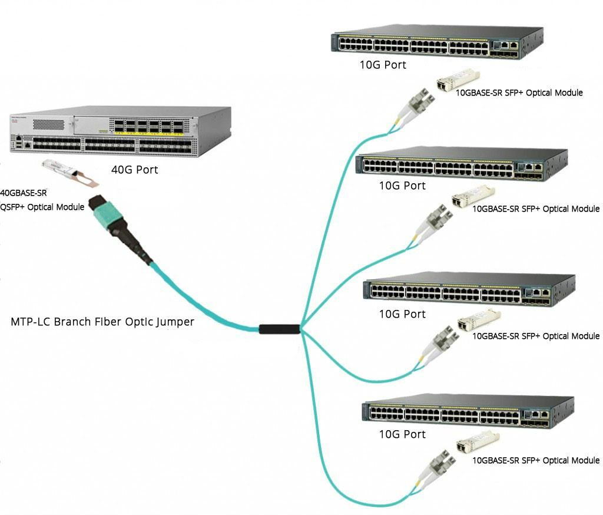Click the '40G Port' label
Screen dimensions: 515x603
(x=134, y=170)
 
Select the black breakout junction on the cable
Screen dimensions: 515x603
(x=280, y=329)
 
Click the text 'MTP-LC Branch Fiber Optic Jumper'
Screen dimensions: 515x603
(x=102, y=322)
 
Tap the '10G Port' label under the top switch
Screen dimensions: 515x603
(x=383, y=65)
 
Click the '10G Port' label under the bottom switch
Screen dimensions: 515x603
(x=402, y=434)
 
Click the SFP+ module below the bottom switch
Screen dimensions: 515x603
(x=478, y=442)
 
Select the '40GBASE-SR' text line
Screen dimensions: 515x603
(x=24, y=193)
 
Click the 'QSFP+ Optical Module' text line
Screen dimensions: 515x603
(x=42, y=207)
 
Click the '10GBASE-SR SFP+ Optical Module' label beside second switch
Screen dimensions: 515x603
(x=536, y=209)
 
